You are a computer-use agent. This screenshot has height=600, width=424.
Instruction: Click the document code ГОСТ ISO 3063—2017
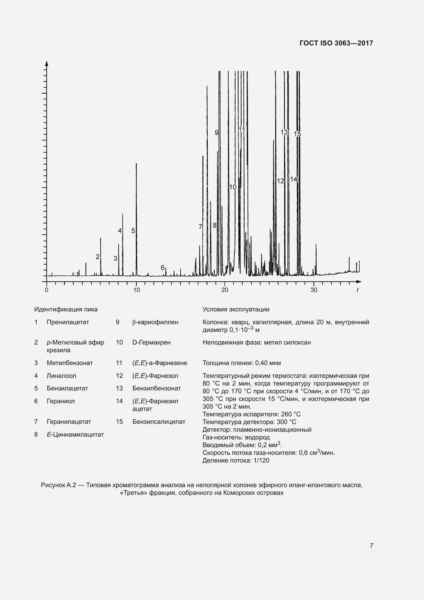pyautogui.click(x=336, y=43)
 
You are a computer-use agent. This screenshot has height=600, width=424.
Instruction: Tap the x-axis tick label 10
pyautogui.click(x=136, y=290)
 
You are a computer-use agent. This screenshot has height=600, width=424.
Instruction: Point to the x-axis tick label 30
pyautogui.click(x=314, y=290)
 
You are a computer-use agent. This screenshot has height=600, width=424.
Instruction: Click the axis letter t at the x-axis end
pyautogui.click(x=357, y=290)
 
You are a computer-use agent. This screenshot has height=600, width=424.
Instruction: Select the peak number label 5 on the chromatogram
pyautogui.click(x=133, y=231)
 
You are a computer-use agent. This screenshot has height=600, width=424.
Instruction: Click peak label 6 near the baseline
pyautogui.click(x=162, y=268)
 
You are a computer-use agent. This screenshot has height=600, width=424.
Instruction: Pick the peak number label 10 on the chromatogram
pyautogui.click(x=232, y=187)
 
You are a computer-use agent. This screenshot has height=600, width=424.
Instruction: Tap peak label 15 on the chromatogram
pyautogui.click(x=297, y=134)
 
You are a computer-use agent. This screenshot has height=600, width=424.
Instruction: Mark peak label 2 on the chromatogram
pyautogui.click(x=97, y=257)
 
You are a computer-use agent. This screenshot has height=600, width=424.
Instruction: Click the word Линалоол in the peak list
pyautogui.click(x=61, y=376)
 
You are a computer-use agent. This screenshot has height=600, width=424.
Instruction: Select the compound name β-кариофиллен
pyautogui.click(x=155, y=322)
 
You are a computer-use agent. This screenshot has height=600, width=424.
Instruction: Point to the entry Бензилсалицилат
pyautogui.click(x=159, y=421)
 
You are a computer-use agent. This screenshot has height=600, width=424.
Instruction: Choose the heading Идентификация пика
pyautogui.click(x=66, y=309)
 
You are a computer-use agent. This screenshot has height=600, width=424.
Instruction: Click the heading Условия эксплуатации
pyautogui.click(x=236, y=309)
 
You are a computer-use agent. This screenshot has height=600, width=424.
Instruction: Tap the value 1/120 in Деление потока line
pyautogui.click(x=261, y=460)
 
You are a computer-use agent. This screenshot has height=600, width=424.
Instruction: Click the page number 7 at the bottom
pyautogui.click(x=371, y=546)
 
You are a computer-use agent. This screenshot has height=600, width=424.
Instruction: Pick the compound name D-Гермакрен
pyautogui.click(x=152, y=343)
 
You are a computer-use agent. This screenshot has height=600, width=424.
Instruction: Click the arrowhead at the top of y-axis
pyautogui.click(x=46, y=63)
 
